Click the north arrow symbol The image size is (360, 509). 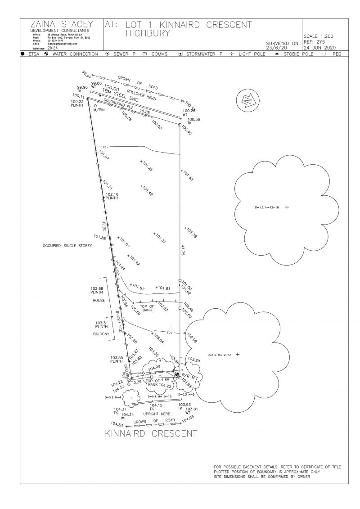point(247,102)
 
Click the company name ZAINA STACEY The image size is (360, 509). point(62,24)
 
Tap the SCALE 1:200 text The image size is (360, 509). point(319,36)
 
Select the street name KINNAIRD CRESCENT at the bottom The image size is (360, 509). point(151,434)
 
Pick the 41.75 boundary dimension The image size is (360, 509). point(183,251)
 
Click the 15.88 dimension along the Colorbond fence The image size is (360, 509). point(144,111)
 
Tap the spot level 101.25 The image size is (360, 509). point(147,167)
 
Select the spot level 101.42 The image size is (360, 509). point(147,191)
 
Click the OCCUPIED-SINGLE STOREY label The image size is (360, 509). point(67,246)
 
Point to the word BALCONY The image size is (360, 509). point(101,334)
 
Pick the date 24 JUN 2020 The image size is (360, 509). point(319,47)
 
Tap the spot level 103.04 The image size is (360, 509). point(158,338)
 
